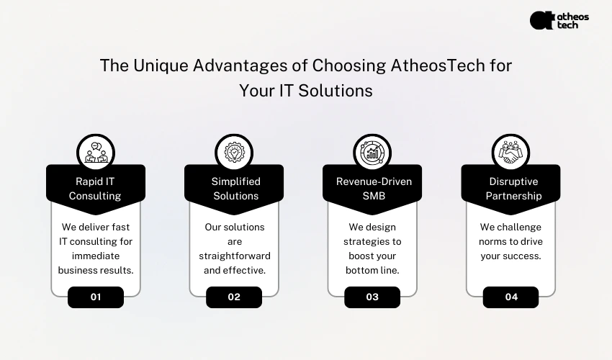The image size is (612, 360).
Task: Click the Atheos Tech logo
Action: click(x=559, y=20)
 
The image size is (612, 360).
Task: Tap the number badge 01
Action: click(x=96, y=297)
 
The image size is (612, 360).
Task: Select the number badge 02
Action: click(x=234, y=297)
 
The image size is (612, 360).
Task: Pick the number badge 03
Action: click(x=372, y=297)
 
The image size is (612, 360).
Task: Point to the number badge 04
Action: click(x=510, y=297)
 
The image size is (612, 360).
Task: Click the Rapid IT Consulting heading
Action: click(x=96, y=189)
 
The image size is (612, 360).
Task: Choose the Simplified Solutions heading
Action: click(x=235, y=189)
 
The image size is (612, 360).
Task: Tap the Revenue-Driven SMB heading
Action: click(x=374, y=189)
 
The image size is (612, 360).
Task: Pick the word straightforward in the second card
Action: click(x=235, y=256)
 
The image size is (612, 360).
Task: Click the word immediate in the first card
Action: click(x=96, y=256)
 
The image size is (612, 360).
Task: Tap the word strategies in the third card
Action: click(x=372, y=241)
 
